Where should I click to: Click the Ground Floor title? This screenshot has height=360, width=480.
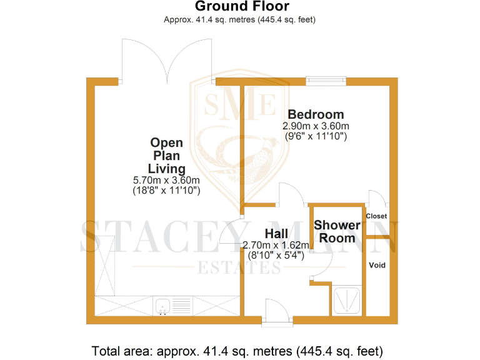tap(242, 7)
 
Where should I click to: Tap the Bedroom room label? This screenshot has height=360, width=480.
tap(315, 114)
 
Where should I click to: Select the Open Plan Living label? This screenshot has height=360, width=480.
tap(166, 156)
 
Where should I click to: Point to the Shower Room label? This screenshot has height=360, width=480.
tap(337, 231)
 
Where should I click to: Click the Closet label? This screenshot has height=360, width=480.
tap(376, 216)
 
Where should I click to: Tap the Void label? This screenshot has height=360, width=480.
tap(377, 265)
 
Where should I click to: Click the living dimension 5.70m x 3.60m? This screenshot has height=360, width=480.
tap(166, 180)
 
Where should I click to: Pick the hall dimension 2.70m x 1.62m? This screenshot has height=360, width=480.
tap(276, 245)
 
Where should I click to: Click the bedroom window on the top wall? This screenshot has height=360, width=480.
tap(326, 81)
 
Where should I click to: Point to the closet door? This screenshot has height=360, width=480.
tap(377, 198)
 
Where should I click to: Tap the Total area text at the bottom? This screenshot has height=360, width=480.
tap(237, 350)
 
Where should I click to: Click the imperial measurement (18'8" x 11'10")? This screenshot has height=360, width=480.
tap(166, 191)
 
